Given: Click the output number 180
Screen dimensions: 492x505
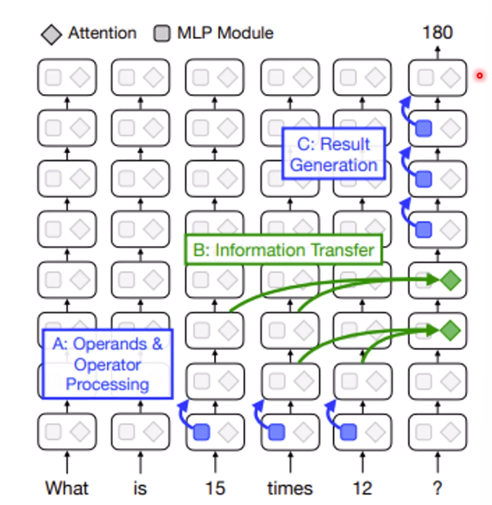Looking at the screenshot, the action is (438, 33).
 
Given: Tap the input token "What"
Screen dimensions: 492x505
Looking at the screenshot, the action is (66, 488).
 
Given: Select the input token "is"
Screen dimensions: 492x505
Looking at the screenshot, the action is (140, 488).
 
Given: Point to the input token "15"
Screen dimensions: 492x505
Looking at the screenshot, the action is (215, 488).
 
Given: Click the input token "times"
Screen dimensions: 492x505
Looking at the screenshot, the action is (290, 488).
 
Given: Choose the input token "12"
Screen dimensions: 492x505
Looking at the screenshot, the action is (363, 488).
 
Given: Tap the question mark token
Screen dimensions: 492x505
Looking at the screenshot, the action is (438, 488).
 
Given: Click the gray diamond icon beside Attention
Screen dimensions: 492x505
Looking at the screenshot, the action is (52, 35).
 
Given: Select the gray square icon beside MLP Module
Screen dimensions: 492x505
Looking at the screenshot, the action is (162, 34).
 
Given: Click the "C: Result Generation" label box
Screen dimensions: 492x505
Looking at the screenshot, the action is (333, 154).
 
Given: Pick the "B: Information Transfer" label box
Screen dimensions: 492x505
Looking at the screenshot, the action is (283, 250).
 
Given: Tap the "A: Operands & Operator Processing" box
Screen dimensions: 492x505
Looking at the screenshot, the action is (108, 364).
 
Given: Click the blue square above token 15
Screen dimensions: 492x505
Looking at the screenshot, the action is (202, 432).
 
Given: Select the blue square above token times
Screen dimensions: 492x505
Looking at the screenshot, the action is (277, 432).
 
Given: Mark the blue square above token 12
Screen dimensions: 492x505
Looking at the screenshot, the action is (349, 432).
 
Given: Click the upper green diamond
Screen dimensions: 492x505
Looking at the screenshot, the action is (451, 281).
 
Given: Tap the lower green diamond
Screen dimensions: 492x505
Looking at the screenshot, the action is (451, 331).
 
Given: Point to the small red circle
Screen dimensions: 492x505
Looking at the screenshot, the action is (480, 76).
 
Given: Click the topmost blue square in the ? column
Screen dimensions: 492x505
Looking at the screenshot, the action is (424, 128).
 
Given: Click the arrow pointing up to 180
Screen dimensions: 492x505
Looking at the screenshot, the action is (438, 53).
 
